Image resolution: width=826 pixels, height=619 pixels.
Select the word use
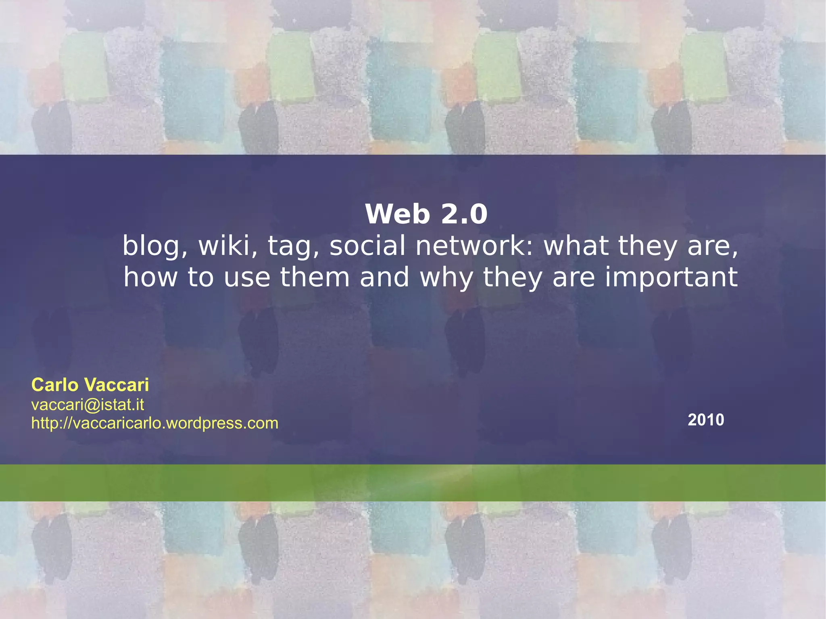(247, 278)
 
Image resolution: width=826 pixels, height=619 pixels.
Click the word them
(315, 277)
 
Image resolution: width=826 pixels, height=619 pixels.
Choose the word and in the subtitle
(384, 277)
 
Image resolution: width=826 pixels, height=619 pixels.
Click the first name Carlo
(55, 385)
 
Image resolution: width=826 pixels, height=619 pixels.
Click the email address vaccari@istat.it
(88, 404)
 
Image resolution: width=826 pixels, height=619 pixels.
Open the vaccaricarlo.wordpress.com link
(155, 423)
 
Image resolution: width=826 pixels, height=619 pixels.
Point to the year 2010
(706, 420)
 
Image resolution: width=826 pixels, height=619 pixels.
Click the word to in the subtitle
(200, 277)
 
